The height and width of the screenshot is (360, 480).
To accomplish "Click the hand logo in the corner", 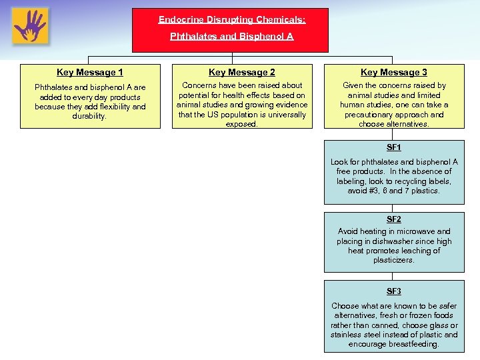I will click(x=30, y=26).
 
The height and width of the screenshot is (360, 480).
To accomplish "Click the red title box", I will click(x=231, y=29).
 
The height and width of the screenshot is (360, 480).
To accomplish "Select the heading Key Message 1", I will click(x=90, y=72).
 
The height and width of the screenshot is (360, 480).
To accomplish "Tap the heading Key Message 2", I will click(x=242, y=72).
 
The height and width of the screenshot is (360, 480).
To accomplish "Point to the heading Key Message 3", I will click(x=394, y=72).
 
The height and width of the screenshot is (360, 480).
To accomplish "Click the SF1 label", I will click(x=394, y=147).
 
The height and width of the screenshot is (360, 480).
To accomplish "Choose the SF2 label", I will click(x=394, y=219).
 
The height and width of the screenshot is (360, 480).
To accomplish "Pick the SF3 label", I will click(x=394, y=291).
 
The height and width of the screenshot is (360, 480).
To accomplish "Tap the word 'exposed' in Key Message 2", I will click(x=241, y=124).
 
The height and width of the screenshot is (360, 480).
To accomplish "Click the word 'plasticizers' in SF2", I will click(x=393, y=260).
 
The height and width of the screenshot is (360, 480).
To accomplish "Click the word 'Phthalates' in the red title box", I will click(x=191, y=37).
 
